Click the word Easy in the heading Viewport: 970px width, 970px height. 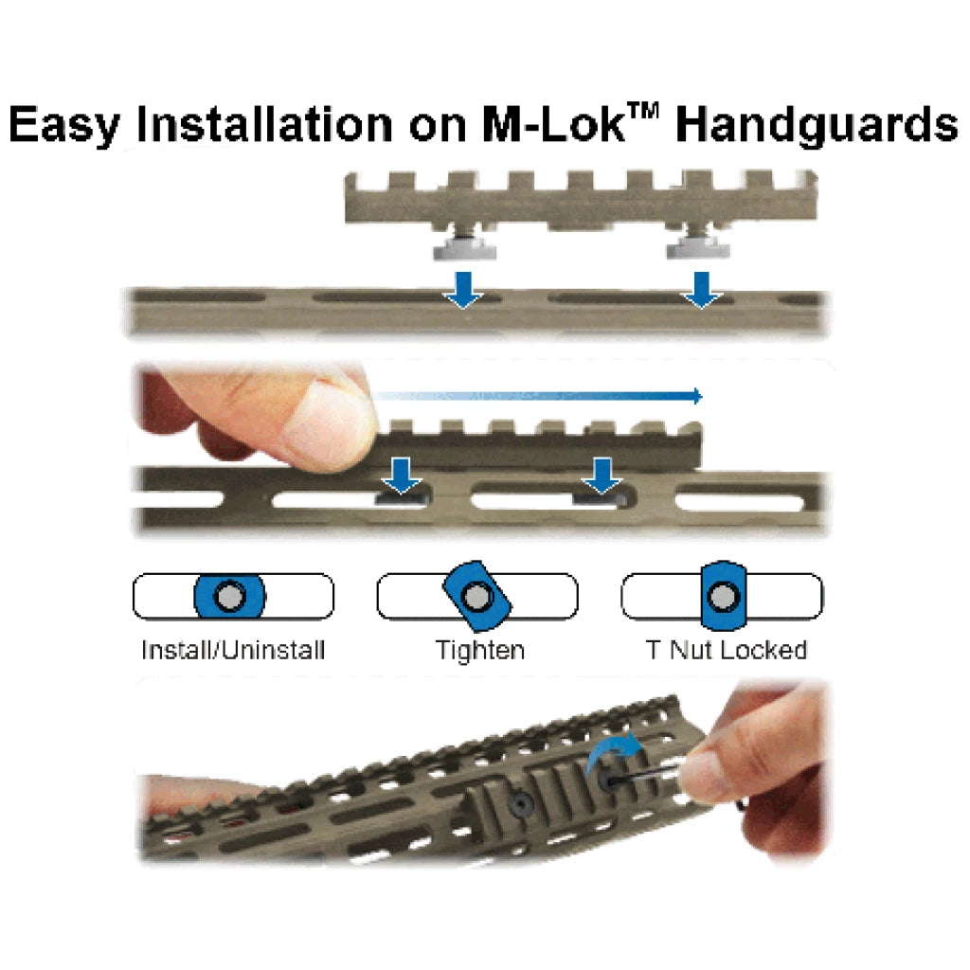pyautogui.click(x=63, y=126)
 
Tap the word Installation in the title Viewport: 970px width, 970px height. pyautogui.click(x=264, y=124)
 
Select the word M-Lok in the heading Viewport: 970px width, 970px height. pyautogui.click(x=553, y=124)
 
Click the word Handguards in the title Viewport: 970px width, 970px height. pyautogui.click(x=817, y=126)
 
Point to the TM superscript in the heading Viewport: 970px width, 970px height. pyautogui.click(x=643, y=112)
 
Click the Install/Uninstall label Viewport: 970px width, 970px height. pyautogui.click(x=233, y=650)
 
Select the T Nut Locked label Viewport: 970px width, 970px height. pyautogui.click(x=727, y=650)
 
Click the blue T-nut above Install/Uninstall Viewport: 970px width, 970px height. pyautogui.click(x=230, y=597)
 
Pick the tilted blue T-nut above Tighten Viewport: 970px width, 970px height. pyautogui.click(x=477, y=597)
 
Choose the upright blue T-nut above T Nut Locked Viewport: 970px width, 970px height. pyautogui.click(x=723, y=596)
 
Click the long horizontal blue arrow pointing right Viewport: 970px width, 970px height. pyautogui.click(x=537, y=396)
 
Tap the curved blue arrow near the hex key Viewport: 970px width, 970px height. pyautogui.click(x=614, y=750)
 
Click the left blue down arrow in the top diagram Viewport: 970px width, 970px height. pyautogui.click(x=463, y=290)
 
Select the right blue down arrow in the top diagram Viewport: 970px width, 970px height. pyautogui.click(x=701, y=290)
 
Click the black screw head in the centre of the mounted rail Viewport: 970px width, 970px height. pyautogui.click(x=520, y=803)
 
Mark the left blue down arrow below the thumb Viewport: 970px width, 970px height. pyautogui.click(x=402, y=476)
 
